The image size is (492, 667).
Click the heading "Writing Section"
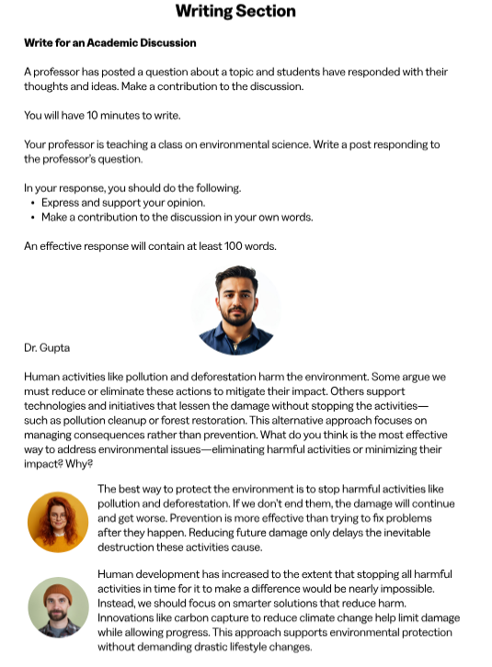(x=235, y=12)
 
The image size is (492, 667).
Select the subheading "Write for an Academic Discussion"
(x=109, y=43)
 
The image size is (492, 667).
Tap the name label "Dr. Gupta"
(x=47, y=348)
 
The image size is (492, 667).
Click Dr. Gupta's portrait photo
(x=236, y=311)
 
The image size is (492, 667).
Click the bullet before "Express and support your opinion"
(x=33, y=203)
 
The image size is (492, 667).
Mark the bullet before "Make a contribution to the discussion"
(x=33, y=218)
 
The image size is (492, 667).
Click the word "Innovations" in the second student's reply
(x=131, y=617)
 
